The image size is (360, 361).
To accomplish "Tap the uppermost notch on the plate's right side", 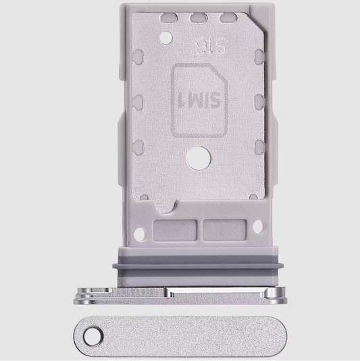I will coord(259,67).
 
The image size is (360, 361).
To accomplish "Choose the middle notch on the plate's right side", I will coord(259,103).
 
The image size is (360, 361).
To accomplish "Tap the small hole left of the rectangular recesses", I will coord(141,235).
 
